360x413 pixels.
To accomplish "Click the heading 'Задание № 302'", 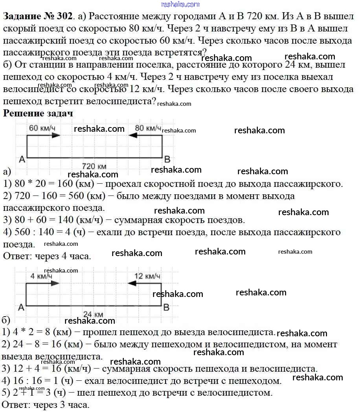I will [x=38, y=17].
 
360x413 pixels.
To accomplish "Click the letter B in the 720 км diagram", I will [x=167, y=159].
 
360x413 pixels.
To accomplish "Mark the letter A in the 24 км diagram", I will [x=21, y=308].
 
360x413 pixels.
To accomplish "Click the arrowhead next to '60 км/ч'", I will [x=56, y=135].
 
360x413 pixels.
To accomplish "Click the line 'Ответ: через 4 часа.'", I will [x=47, y=256].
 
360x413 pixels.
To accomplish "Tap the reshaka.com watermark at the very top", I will [x=180, y=4].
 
